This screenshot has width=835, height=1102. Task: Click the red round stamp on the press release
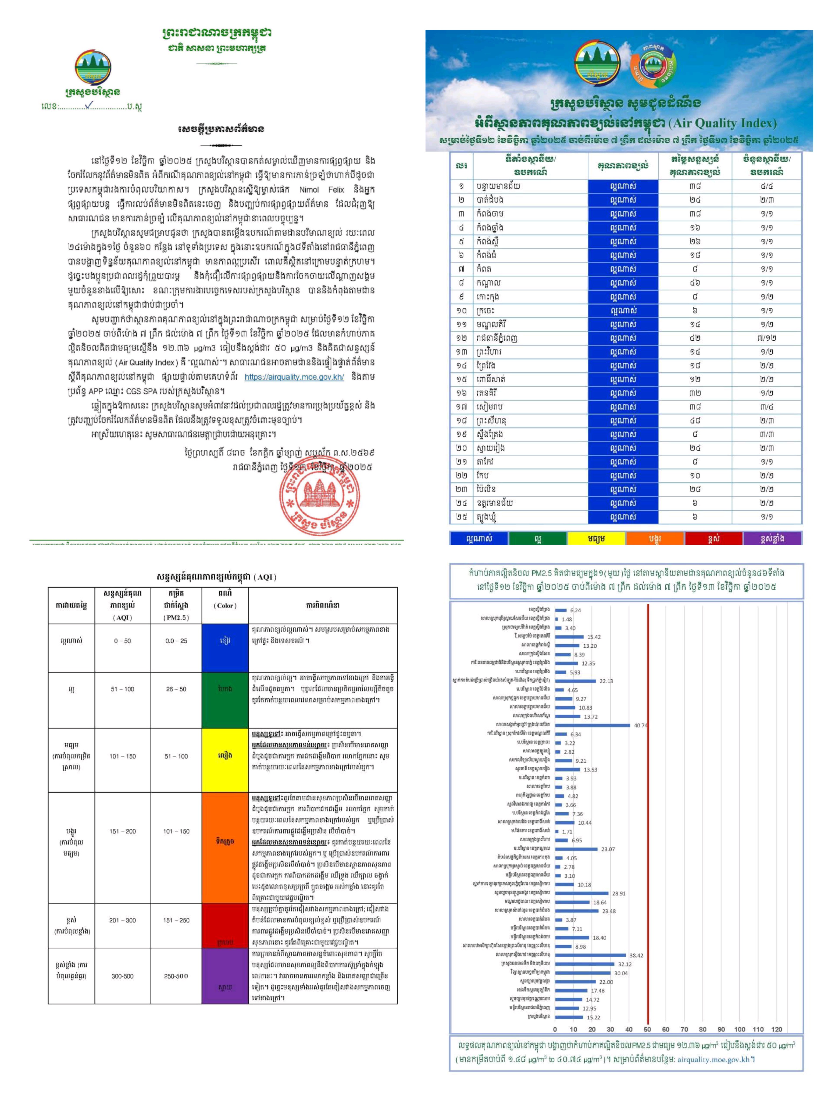(319, 499)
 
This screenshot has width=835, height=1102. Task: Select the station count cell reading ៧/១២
(766, 338)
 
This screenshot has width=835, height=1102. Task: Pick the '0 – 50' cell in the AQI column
(123, 641)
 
